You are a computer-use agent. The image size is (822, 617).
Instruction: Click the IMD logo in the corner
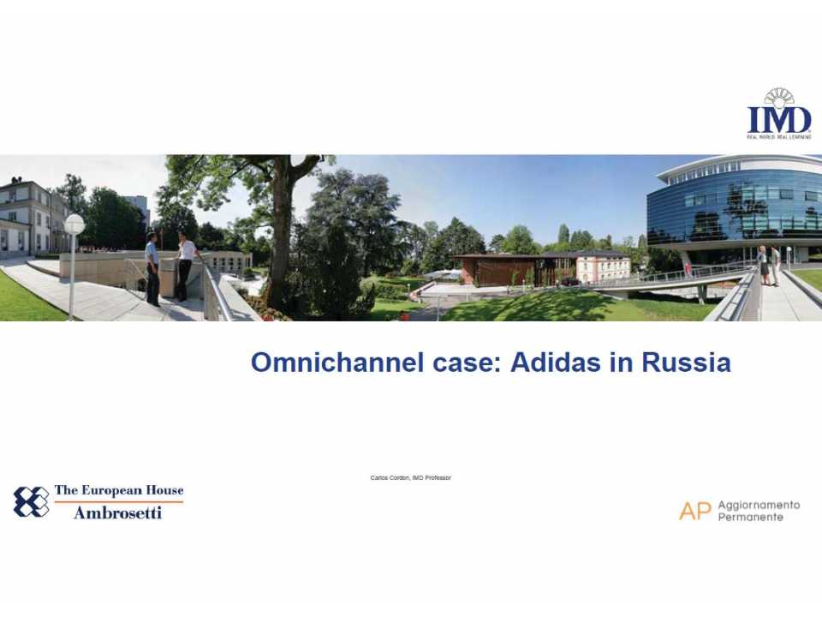pyautogui.click(x=778, y=115)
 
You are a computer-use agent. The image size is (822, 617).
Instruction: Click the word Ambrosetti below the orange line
pyautogui.click(x=117, y=512)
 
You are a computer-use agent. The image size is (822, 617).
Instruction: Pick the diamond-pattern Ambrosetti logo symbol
pyautogui.click(x=31, y=501)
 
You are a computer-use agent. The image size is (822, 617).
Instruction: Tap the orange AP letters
pyautogui.click(x=694, y=511)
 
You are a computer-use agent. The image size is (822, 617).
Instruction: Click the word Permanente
pyautogui.click(x=750, y=518)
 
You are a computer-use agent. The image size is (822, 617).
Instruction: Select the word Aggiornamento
pyautogui.click(x=759, y=505)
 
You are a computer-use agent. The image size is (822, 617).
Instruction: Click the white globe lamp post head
pyautogui.click(x=74, y=224)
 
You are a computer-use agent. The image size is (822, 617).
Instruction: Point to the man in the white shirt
pyautogui.click(x=186, y=267)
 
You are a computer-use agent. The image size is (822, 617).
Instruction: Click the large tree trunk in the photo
pyautogui.click(x=280, y=240)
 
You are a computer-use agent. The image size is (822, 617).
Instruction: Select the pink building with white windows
pyautogui.click(x=602, y=267)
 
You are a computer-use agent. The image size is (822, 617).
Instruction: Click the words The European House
pyautogui.click(x=118, y=491)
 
